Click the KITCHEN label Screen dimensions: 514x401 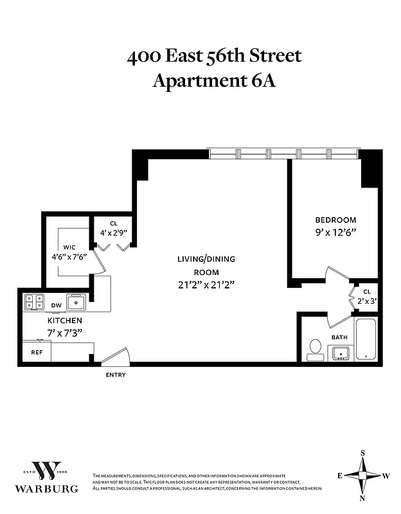coord(64,320)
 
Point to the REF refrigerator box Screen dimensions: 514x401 coord(37,352)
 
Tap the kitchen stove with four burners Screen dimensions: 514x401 coord(33,301)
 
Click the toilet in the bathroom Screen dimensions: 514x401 coord(315,350)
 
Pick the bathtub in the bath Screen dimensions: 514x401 coord(366,339)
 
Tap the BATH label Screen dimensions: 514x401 coord(339,337)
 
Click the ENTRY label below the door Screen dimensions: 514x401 coord(116,375)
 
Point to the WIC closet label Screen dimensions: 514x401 coord(69,247)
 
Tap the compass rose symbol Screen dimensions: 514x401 coord(363,475)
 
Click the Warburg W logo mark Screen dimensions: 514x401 coord(55,471)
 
